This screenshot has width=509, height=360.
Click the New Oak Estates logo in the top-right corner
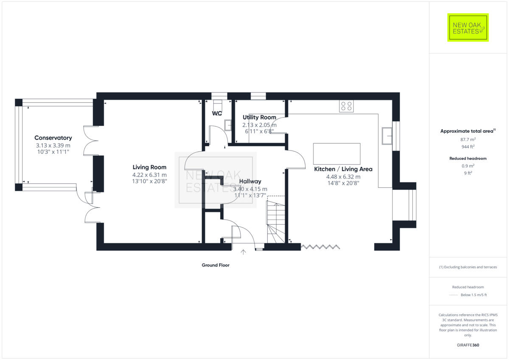pyautogui.click(x=468, y=28)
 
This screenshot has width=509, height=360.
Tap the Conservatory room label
pyautogui.click(x=53, y=138)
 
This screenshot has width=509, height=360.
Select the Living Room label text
pyautogui.click(x=149, y=167)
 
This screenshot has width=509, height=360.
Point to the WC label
pyautogui.click(x=217, y=113)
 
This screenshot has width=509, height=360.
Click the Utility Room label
pyautogui.click(x=259, y=117)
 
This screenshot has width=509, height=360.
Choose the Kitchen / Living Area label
pyautogui.click(x=343, y=169)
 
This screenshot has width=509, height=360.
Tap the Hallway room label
pyautogui.click(x=250, y=181)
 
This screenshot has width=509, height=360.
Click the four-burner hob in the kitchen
pyautogui.click(x=346, y=106)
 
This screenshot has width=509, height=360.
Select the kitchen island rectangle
pyautogui.click(x=337, y=153)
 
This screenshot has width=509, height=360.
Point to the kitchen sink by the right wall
pyautogui.click(x=386, y=136)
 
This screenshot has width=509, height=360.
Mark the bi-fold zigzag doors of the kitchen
pyautogui.click(x=320, y=246)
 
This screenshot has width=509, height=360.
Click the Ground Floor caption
pyautogui.click(x=215, y=265)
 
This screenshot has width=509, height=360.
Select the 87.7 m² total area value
pyautogui.click(x=468, y=139)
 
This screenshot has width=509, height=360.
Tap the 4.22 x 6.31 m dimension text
pyautogui.click(x=149, y=174)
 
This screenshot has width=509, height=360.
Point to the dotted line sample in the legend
pyautogui.click(x=453, y=295)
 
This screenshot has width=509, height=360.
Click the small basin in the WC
pyautogui.click(x=227, y=125)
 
